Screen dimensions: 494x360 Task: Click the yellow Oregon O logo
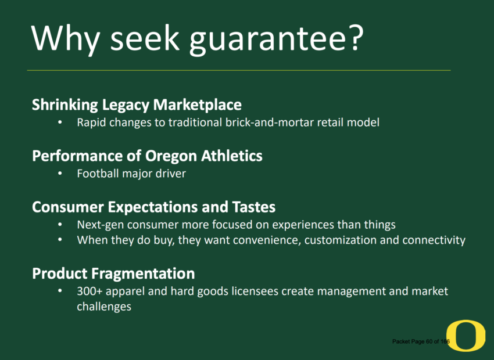(x=466, y=336)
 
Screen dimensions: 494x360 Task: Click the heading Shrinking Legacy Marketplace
(x=137, y=105)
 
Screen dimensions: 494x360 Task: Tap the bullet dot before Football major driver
(x=60, y=174)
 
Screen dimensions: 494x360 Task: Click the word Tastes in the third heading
(x=253, y=207)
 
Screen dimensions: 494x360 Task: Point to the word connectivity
(x=434, y=240)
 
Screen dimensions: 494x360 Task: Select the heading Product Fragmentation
(x=113, y=273)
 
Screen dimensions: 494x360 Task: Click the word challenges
(x=104, y=307)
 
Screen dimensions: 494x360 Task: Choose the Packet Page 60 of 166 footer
(x=421, y=341)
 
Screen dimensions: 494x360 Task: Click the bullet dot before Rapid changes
(x=60, y=122)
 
